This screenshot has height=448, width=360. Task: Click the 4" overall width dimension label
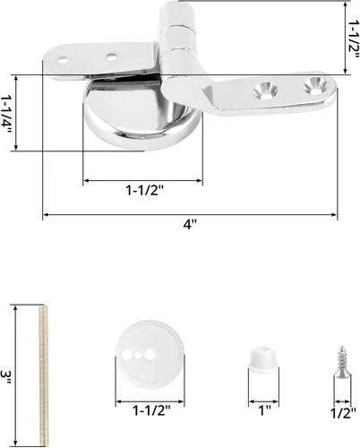[190, 224]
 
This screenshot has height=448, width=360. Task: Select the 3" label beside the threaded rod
[5, 377]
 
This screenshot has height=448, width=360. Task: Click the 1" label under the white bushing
[264, 410]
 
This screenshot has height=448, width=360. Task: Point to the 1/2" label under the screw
[343, 413]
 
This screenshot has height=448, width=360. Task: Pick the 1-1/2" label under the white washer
[151, 411]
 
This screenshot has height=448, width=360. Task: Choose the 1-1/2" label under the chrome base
[145, 190]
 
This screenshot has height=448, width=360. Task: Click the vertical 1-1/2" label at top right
[354, 39]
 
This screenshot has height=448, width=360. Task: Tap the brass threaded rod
[44, 375]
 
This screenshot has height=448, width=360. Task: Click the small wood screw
[342, 362]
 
